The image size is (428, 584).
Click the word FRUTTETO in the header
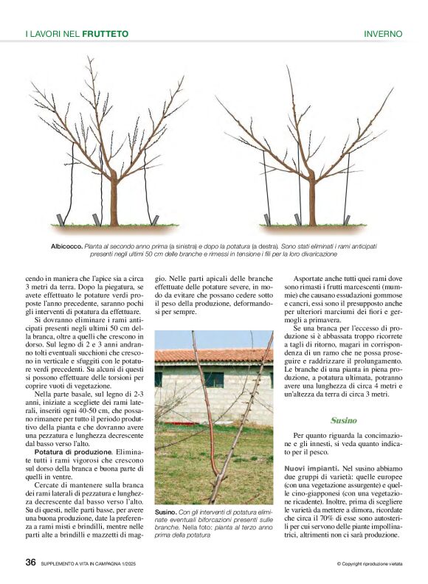tap(106, 34)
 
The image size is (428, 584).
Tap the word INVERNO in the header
tap(383, 34)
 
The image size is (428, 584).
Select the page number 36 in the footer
tap(31, 562)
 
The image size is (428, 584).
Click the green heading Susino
tap(344, 420)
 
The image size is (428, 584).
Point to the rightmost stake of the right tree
tap(346, 219)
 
